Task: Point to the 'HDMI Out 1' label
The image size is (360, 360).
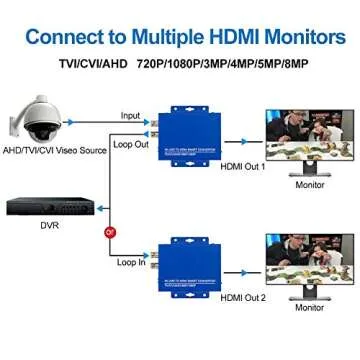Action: pos(243,166)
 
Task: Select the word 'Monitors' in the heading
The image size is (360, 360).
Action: pos(298,38)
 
